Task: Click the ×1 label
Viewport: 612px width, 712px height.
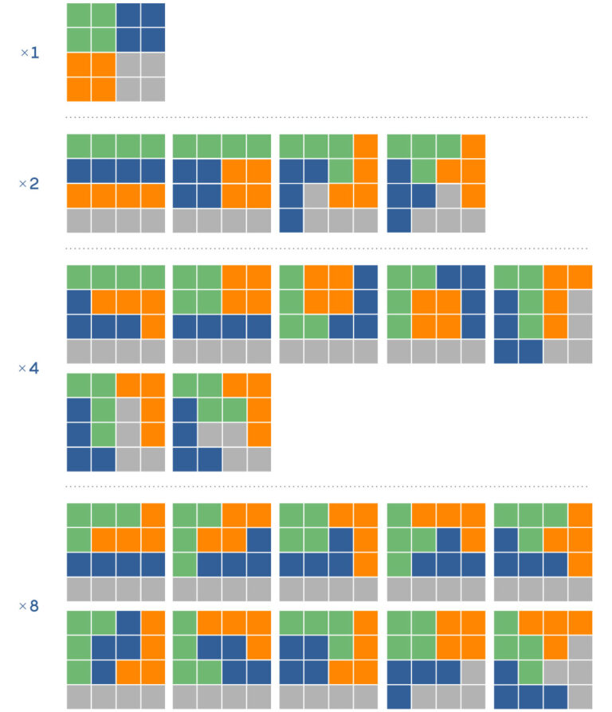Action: [x=29, y=53]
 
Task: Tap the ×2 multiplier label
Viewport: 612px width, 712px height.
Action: [x=29, y=184]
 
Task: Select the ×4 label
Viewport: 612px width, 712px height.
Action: [x=29, y=369]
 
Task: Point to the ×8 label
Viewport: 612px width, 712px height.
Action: [x=29, y=607]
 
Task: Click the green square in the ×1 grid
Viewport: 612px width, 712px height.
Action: [x=91, y=28]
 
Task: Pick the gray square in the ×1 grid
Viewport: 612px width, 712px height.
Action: [x=140, y=77]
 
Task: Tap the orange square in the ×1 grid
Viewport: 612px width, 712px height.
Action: [x=91, y=77]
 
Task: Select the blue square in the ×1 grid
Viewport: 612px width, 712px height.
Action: [x=140, y=28]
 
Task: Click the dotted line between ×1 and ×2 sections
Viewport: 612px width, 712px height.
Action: [x=327, y=118]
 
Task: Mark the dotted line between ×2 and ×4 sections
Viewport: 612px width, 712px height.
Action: [x=327, y=248]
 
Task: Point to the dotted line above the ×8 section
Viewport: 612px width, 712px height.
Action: [x=327, y=486]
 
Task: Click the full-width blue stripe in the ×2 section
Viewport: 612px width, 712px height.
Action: [x=116, y=171]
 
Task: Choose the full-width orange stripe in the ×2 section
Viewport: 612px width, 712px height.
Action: [x=116, y=196]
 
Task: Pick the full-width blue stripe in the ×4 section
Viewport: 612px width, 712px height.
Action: [x=222, y=327]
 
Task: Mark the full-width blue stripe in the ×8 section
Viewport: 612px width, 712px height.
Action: [x=116, y=565]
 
